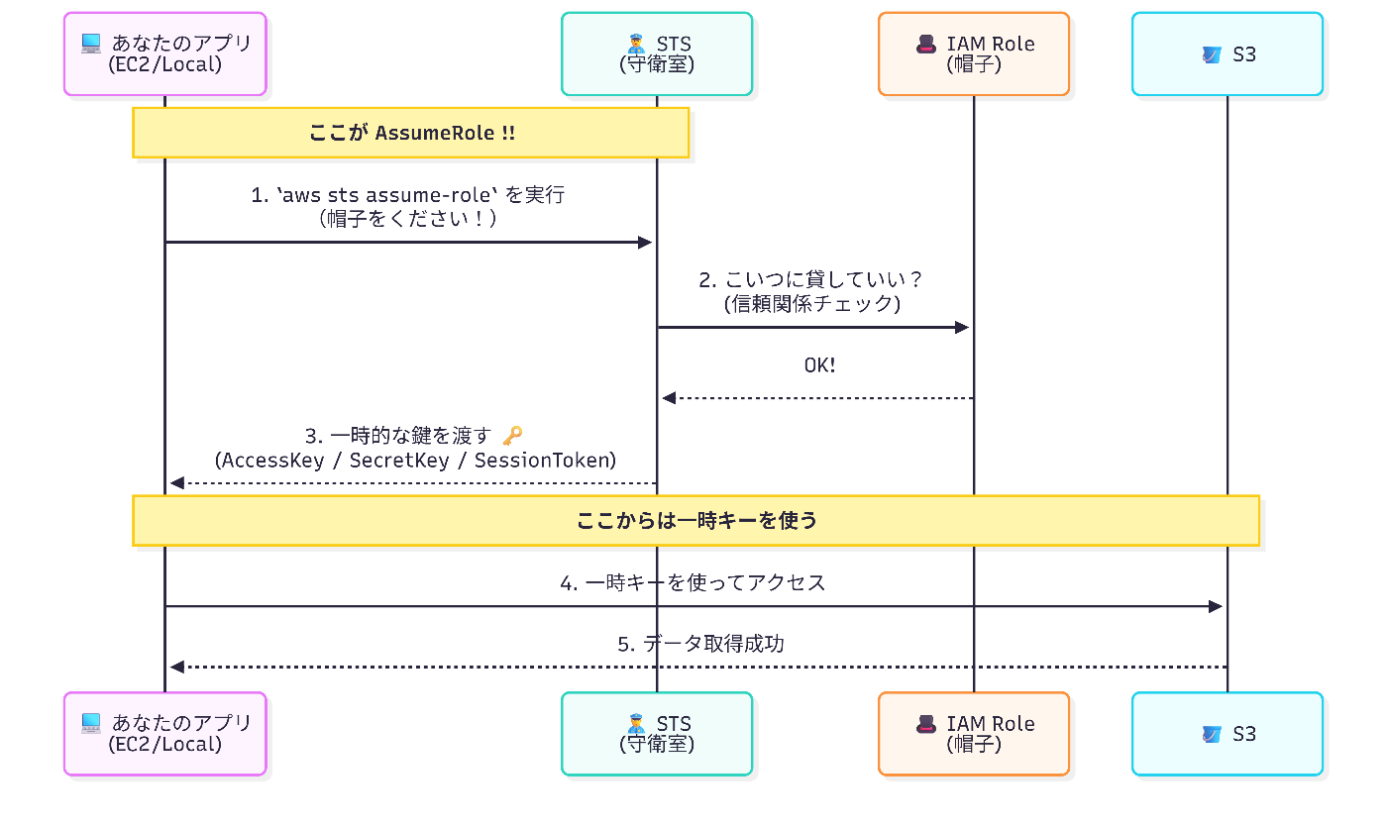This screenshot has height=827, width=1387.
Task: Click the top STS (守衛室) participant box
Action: tap(656, 53)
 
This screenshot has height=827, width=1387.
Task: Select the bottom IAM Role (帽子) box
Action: tap(973, 733)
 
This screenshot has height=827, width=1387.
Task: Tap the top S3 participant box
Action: tap(1227, 53)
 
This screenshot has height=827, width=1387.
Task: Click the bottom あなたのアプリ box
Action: tap(164, 733)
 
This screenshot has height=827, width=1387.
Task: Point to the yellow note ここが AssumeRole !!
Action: tap(411, 133)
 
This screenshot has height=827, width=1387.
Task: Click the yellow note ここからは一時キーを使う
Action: tap(695, 520)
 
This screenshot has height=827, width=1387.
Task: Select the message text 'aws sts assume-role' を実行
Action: tap(407, 195)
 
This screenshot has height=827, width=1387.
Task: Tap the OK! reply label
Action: tap(818, 365)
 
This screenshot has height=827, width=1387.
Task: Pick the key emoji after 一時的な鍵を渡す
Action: tap(512, 435)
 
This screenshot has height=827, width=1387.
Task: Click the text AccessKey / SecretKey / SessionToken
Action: tap(415, 460)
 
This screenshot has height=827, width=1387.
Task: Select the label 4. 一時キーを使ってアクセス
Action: tap(693, 582)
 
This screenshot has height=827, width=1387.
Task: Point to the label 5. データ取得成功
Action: tap(700, 644)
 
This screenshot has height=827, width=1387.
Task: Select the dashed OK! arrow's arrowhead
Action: tap(669, 398)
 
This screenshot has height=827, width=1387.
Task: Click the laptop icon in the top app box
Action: tap(91, 43)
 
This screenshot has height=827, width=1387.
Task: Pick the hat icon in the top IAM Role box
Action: tap(926, 43)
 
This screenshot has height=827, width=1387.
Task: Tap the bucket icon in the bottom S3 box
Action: tap(1211, 734)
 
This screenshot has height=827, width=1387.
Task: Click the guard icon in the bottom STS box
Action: tap(637, 723)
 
